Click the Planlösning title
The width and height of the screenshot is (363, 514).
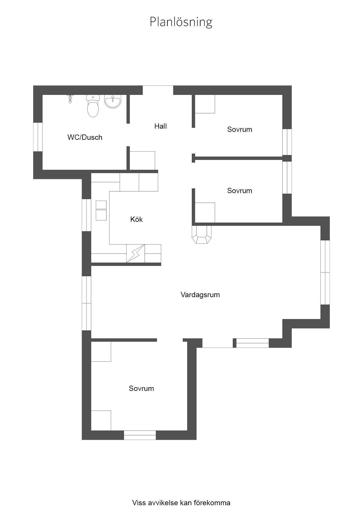(x=181, y=22)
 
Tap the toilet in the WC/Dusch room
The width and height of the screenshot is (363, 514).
(x=93, y=106)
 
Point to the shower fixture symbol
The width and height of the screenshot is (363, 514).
(x=70, y=99)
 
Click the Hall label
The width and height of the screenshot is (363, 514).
(x=160, y=126)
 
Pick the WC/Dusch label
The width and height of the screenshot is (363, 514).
(x=85, y=137)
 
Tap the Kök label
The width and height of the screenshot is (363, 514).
(x=136, y=219)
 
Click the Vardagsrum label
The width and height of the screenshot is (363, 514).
(x=200, y=295)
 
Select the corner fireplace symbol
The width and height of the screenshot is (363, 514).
(x=201, y=234)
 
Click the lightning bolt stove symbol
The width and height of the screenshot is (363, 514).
(x=136, y=253)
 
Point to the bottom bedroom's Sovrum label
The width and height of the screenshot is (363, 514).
(x=141, y=389)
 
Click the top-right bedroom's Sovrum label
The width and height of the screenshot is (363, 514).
(x=239, y=130)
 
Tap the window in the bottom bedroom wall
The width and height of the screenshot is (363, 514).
(x=140, y=435)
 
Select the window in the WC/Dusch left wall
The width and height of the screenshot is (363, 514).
(x=38, y=137)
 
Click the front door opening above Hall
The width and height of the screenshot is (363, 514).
(x=158, y=90)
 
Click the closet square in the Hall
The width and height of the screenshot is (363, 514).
(x=142, y=161)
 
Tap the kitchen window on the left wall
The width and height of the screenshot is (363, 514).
(x=86, y=215)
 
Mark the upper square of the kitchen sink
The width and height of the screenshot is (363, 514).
(x=101, y=205)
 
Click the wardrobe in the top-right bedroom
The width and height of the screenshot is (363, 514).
(x=205, y=104)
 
